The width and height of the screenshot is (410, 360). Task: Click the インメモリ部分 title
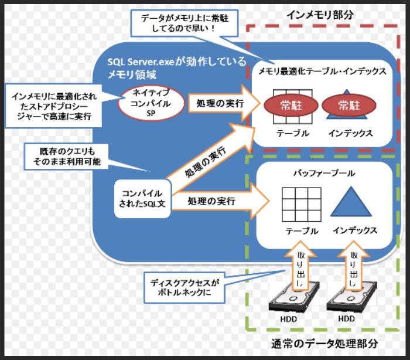click(x=322, y=14)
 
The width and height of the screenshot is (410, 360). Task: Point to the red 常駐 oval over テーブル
click(x=291, y=106)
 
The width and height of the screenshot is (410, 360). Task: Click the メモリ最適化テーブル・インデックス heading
click(x=323, y=72)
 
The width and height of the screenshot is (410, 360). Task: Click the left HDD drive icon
click(x=294, y=299)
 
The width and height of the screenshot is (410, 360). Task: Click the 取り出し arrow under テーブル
click(x=300, y=264)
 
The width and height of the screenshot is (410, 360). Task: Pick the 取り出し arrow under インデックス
click(x=354, y=264)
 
